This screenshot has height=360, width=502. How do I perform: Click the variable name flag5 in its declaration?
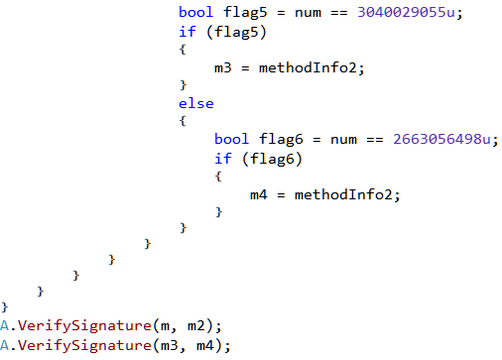pos(237,13)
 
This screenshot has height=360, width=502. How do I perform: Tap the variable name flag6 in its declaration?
pos(273,139)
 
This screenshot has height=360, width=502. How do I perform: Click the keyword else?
pos(195,103)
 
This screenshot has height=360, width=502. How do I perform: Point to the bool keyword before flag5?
pos(195,13)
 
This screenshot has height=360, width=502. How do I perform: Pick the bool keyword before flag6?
pos(231,139)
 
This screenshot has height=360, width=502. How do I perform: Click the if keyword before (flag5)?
pos(187,31)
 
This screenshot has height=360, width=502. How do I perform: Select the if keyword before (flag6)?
pos(222,157)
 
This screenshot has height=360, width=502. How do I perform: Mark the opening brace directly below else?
pos(183,121)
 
